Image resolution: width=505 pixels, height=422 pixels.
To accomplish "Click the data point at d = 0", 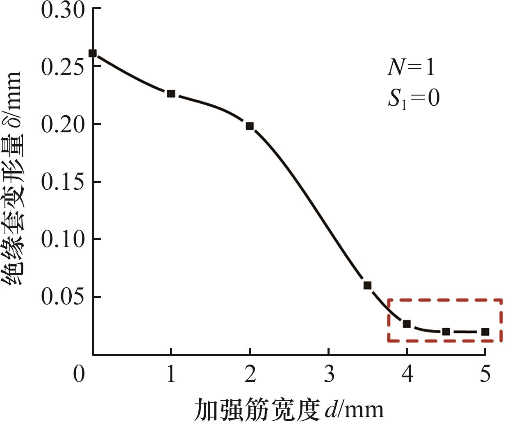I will (93, 53).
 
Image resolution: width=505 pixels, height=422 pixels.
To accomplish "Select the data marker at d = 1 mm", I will (171, 94).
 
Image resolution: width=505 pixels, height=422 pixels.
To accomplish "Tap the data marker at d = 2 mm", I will (250, 126).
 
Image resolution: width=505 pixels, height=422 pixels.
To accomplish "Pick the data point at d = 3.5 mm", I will (367, 285).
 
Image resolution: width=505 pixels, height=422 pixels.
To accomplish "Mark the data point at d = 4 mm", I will (407, 324).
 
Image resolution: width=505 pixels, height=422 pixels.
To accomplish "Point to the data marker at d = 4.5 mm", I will (446, 331).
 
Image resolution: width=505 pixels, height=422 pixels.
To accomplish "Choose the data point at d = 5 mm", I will (485, 331).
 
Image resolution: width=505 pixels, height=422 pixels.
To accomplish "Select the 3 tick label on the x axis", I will (328, 374).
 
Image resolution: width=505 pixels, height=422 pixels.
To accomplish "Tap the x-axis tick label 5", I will (485, 374).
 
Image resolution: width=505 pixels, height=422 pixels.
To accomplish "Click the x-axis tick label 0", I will (79, 374).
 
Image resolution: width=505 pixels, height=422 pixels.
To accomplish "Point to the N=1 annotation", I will (411, 68).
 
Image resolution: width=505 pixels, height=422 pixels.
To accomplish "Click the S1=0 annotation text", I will (414, 99).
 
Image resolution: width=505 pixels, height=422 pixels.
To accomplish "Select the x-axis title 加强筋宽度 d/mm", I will (289, 408).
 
